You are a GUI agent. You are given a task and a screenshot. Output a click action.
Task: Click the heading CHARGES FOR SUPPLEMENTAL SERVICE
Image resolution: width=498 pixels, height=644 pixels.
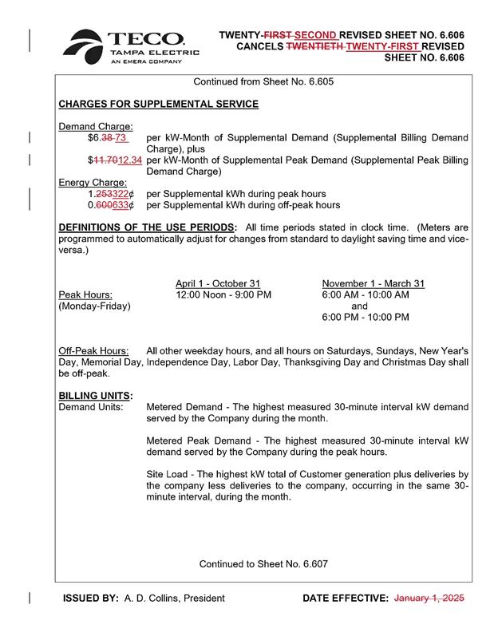(x=159, y=105)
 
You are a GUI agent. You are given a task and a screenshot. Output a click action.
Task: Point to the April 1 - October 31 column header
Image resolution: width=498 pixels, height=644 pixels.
(x=218, y=283)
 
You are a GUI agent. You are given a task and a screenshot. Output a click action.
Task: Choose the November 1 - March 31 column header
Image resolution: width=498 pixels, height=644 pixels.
(x=373, y=283)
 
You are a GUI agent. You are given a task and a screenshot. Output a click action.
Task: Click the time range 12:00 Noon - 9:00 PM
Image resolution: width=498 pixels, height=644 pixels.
(x=223, y=294)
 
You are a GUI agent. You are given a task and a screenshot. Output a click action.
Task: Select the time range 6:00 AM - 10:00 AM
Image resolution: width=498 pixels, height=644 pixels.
(x=366, y=294)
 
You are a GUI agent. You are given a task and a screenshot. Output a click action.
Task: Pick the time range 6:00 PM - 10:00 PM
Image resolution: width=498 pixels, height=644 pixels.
(x=366, y=317)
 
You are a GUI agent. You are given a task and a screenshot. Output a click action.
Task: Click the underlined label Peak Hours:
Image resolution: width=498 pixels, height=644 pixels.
(x=85, y=294)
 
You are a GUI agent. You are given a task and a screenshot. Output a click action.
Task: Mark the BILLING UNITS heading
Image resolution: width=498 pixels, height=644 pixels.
(x=96, y=395)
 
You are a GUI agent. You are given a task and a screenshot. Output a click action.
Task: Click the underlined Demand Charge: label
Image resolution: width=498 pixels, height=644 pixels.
(x=96, y=126)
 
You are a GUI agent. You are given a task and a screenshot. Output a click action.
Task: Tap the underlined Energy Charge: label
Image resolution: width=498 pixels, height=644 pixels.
(x=93, y=182)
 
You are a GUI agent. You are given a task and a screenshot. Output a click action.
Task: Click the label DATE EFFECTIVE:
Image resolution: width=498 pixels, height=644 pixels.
(x=346, y=598)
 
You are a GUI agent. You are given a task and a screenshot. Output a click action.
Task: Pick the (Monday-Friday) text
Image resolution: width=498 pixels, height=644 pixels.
(x=95, y=306)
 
